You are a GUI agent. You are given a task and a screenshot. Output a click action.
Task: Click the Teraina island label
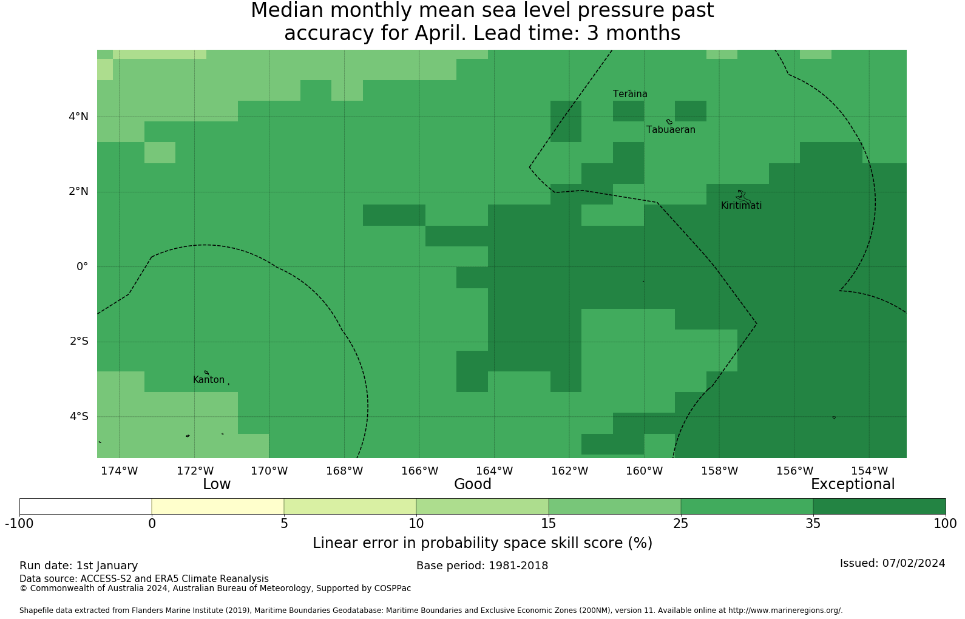point(630,94)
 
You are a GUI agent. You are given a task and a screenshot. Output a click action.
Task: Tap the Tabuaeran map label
point(671,130)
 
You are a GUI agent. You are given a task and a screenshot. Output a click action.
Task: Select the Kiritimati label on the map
point(741,206)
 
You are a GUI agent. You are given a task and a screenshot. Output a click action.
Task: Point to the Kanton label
point(209,379)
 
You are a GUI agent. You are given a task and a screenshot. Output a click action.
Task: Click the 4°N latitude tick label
point(78,117)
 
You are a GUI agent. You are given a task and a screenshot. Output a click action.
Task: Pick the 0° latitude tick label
point(83,266)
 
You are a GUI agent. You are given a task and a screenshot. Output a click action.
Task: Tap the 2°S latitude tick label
point(79,341)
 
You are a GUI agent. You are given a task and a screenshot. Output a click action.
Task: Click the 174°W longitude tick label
point(120,471)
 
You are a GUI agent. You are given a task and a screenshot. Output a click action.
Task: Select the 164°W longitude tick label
point(494,471)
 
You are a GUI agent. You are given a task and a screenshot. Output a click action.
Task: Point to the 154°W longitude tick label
point(869,471)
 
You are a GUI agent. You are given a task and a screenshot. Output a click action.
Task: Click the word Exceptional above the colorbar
point(853,485)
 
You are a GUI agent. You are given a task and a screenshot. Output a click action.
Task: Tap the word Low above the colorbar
point(217,484)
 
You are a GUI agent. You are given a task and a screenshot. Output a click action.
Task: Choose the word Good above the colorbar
point(473,484)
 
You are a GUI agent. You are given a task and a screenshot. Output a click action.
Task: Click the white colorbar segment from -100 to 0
point(86,506)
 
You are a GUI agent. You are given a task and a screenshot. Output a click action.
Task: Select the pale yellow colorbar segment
point(218,506)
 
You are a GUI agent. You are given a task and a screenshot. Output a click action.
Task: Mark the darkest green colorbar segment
point(879,506)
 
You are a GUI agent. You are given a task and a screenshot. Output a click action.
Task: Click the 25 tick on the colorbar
point(681,524)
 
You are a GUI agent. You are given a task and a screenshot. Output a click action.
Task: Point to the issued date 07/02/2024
point(913,563)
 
